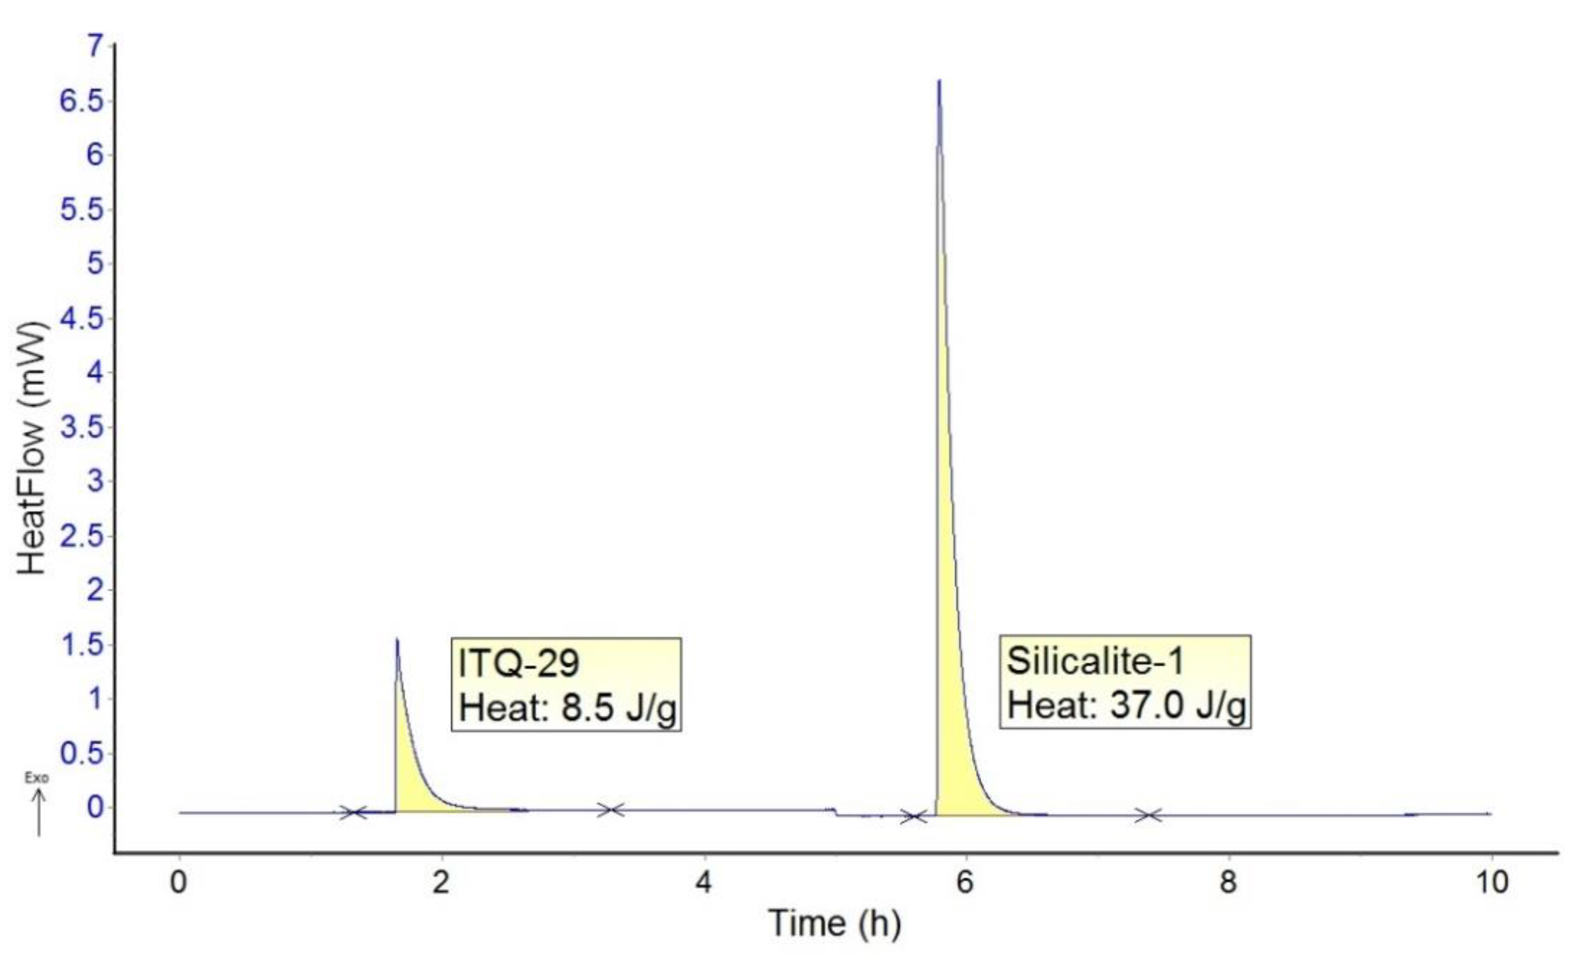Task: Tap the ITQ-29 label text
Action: coord(518,664)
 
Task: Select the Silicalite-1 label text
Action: coord(1095,661)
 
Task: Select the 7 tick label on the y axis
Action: coord(95,46)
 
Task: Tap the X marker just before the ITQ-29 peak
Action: coord(353,812)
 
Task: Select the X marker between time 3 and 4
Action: coord(610,810)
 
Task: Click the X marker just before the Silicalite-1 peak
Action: coord(914,817)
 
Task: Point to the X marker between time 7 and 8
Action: coord(1148,816)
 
